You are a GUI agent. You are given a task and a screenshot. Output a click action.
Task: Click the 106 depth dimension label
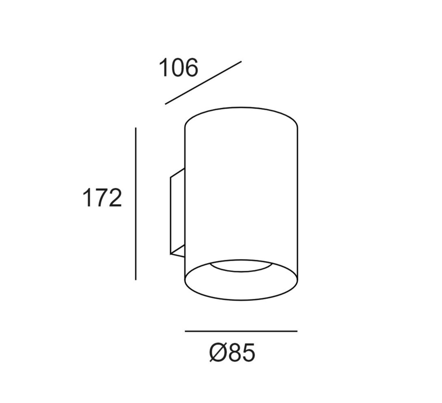[x=178, y=67]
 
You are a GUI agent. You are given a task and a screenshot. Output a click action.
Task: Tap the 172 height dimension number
[x=102, y=198]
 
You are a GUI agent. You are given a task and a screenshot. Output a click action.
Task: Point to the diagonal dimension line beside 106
[x=203, y=83]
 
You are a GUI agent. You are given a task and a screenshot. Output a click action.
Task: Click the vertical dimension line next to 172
[x=136, y=204]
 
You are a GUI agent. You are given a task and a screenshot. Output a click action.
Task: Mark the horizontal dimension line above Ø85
[x=241, y=331]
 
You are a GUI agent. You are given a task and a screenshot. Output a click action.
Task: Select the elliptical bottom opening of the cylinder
[x=241, y=300]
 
